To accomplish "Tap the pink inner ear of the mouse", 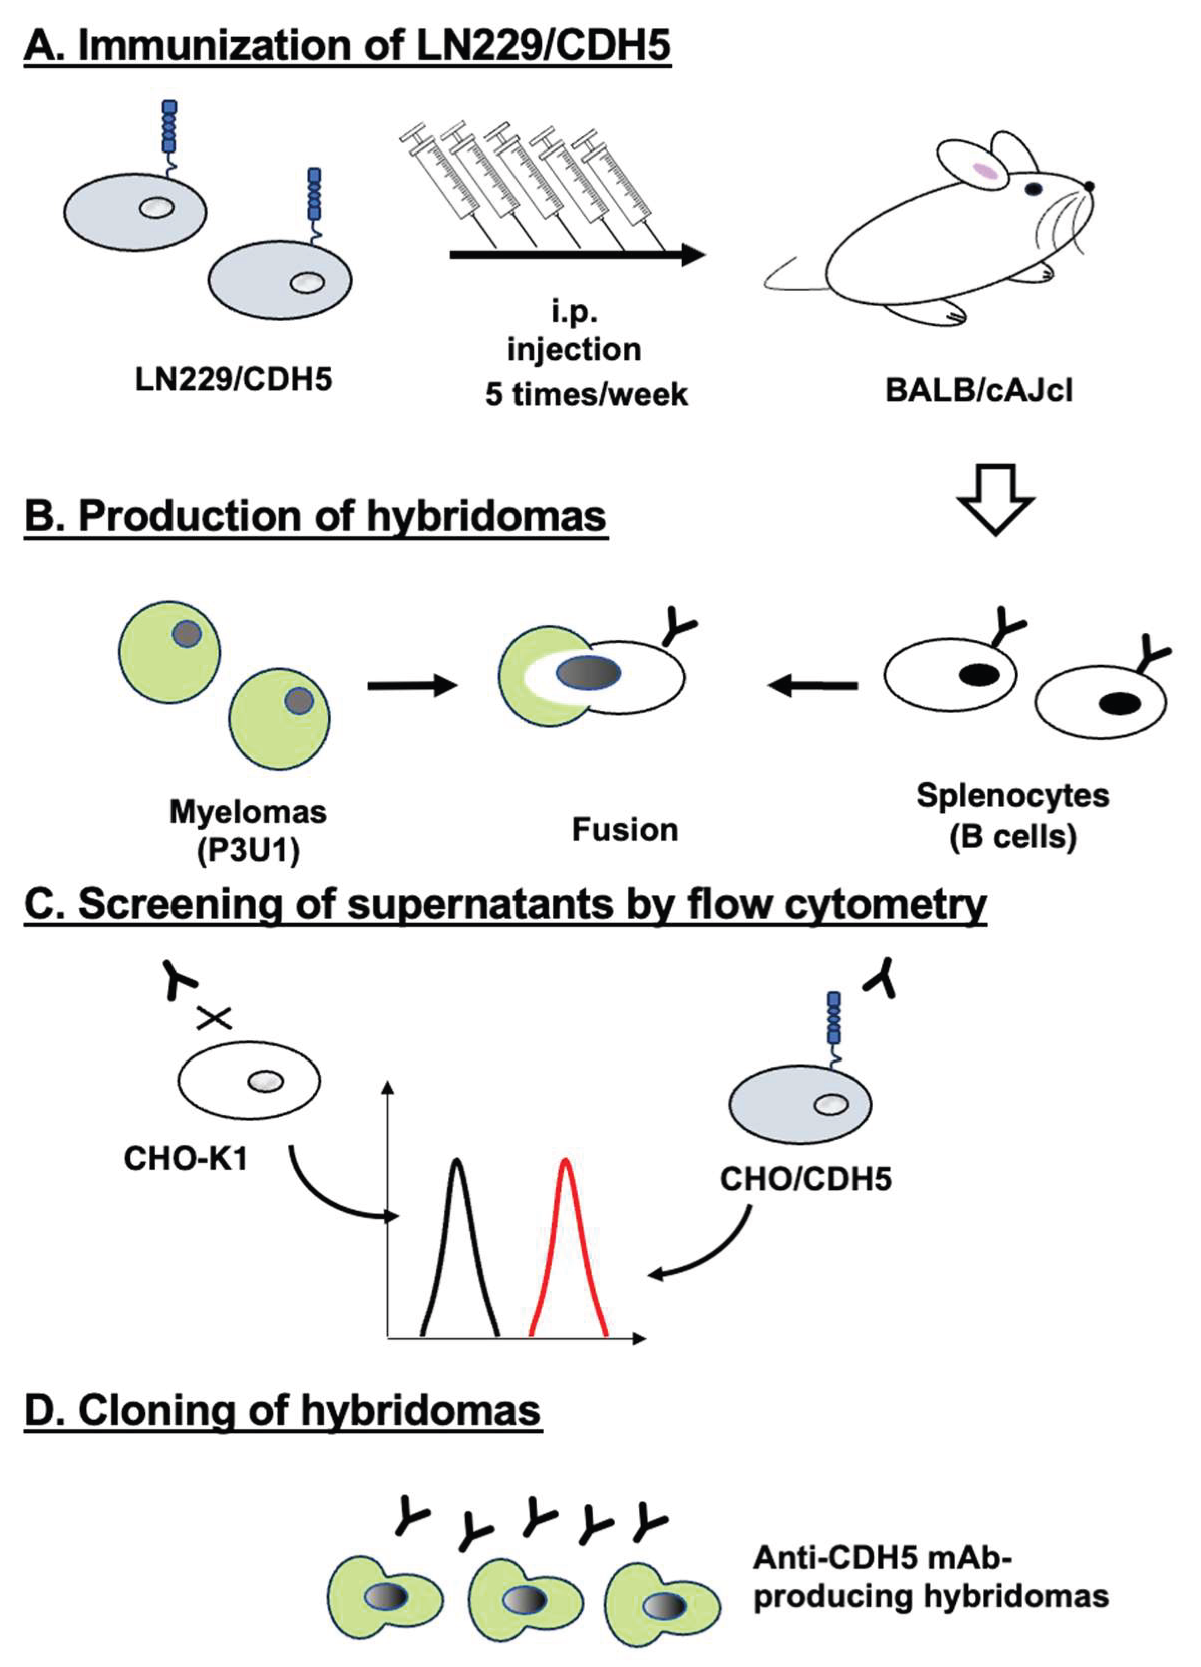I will click(x=986, y=171).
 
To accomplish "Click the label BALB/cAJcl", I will click(x=978, y=390).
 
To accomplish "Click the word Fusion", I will click(x=624, y=830).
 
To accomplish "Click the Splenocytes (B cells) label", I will click(x=1012, y=815).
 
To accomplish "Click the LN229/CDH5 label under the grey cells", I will click(x=234, y=379).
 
